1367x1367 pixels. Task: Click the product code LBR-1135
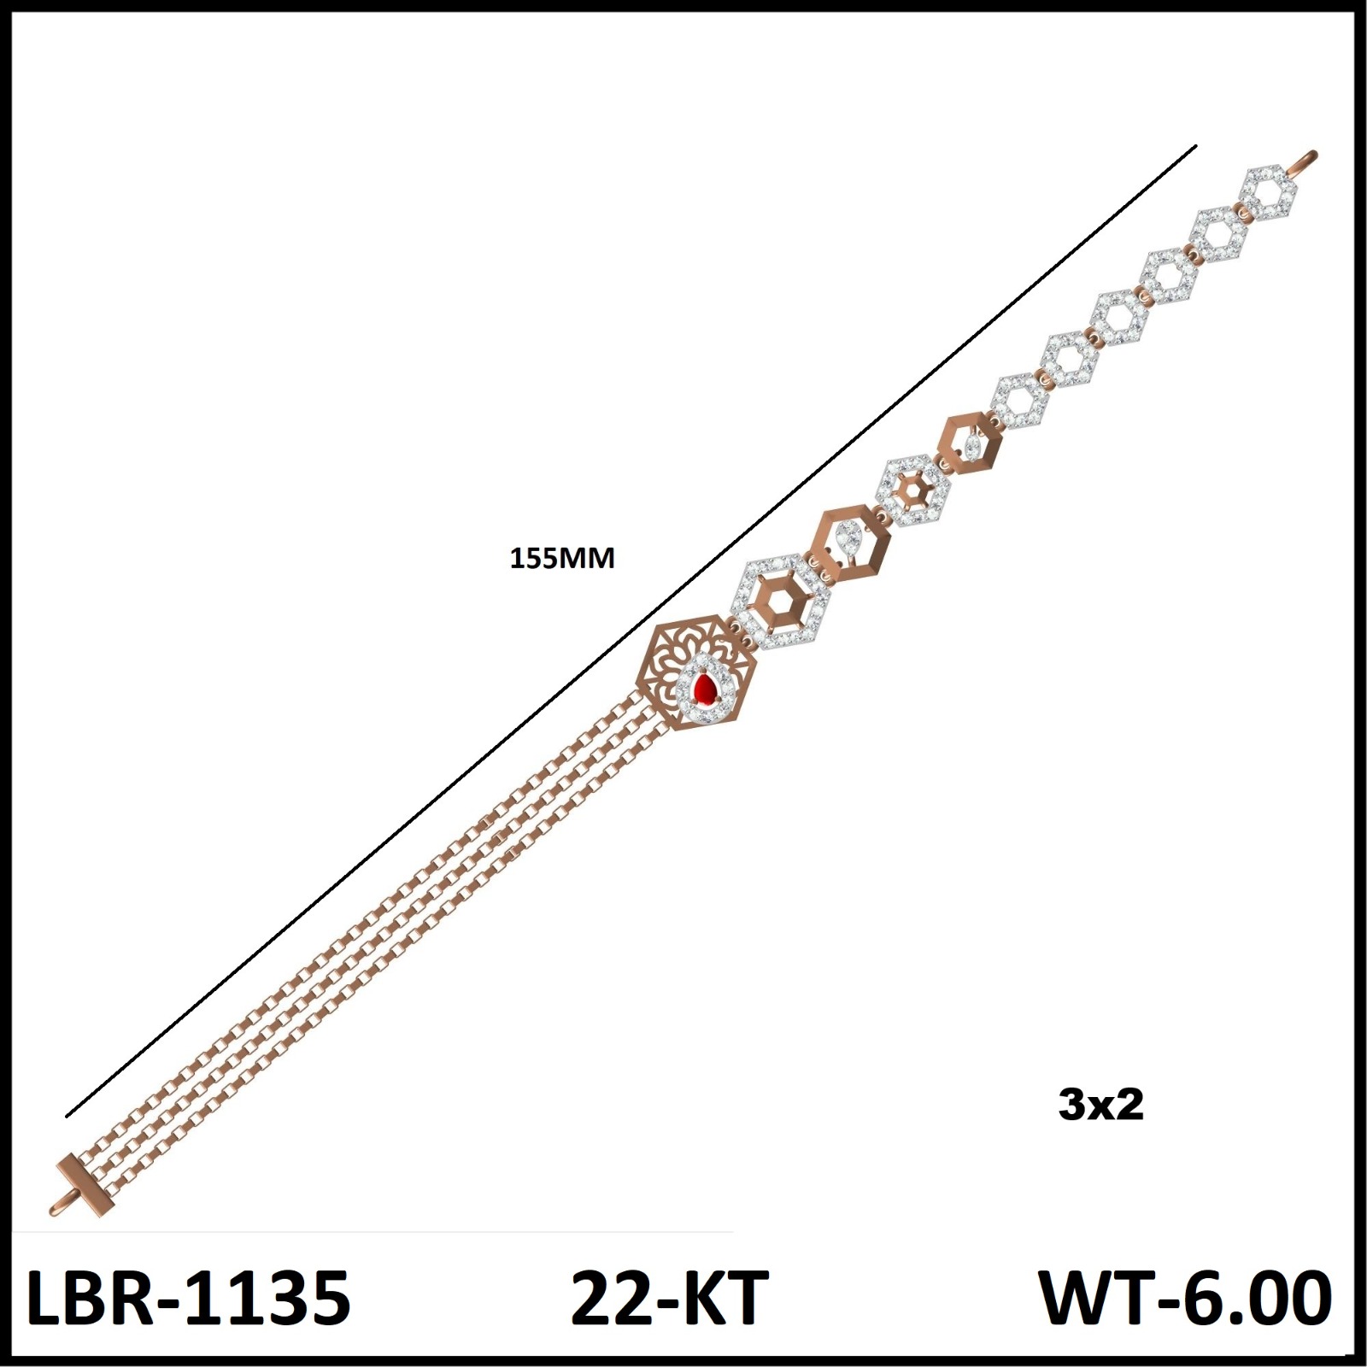(x=189, y=1298)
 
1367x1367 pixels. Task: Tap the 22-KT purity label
(x=670, y=1298)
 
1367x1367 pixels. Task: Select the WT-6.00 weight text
(x=1185, y=1298)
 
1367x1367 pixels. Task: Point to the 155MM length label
(x=562, y=559)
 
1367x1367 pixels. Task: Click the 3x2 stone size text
(x=1100, y=1106)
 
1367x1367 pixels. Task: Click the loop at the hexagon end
(x=1305, y=162)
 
